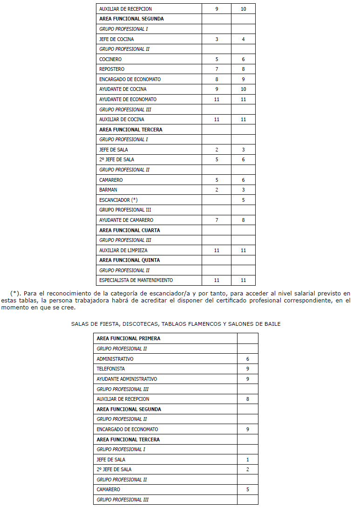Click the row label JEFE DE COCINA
116,39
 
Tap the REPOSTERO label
112,69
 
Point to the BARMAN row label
108,190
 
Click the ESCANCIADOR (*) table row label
118,200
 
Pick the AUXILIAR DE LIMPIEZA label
123,250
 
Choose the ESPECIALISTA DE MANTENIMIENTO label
136,281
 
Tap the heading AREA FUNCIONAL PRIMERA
128,339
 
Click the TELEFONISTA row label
110,369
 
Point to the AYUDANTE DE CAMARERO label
126,220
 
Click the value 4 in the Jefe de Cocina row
243,39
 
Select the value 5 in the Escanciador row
243,200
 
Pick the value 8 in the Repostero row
243,69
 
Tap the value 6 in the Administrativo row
247,359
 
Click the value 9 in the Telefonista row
247,369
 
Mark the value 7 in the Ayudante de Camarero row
217,220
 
